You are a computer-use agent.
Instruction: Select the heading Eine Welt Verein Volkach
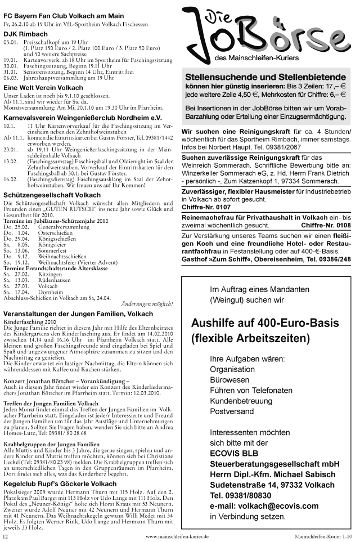pyautogui.click(x=43, y=88)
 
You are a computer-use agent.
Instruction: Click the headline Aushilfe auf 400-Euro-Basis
pyautogui.click(x=265, y=323)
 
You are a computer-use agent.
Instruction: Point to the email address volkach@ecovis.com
pyautogui.click(x=272, y=505)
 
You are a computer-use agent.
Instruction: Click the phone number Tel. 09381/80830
pyautogui.click(x=241, y=495)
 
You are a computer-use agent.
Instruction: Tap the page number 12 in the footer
pyautogui.click(x=5, y=537)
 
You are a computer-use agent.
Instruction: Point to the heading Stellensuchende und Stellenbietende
pyautogui.click(x=265, y=77)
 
